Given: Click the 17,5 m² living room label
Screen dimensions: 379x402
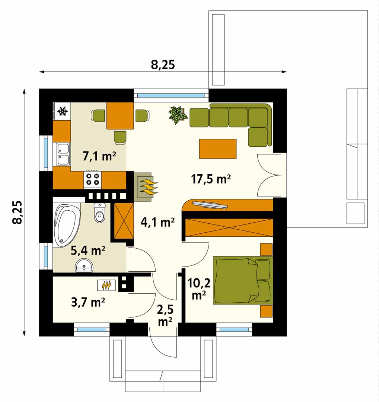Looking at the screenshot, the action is [211, 179].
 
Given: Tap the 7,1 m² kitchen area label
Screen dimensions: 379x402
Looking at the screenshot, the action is [99, 156].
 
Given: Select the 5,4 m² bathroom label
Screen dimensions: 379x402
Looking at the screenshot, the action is [88, 250].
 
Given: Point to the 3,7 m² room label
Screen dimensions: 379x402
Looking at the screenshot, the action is [88, 302].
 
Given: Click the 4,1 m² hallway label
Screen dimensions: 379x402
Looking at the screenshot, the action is [158, 222].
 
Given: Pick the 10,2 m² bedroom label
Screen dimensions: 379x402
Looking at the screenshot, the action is [199, 289].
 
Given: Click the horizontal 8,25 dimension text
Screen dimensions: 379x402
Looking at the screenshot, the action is [163, 65].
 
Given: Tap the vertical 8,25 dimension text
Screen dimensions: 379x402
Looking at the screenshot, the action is [18, 212].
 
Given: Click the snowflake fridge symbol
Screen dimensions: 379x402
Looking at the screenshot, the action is [63, 111].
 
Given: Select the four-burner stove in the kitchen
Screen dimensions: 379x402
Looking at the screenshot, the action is [93, 179].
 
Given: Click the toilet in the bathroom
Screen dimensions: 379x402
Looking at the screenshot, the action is [99, 213].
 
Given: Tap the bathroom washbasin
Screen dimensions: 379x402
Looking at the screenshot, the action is [84, 265].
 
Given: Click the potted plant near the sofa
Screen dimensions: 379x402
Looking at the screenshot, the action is [178, 115].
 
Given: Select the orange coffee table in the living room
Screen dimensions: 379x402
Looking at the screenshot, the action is [218, 149].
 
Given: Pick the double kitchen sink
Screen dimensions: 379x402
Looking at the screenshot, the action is [63, 154].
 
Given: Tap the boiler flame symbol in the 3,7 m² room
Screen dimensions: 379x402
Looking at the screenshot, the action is [106, 285].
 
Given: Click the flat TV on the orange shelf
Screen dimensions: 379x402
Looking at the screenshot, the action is [210, 204].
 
